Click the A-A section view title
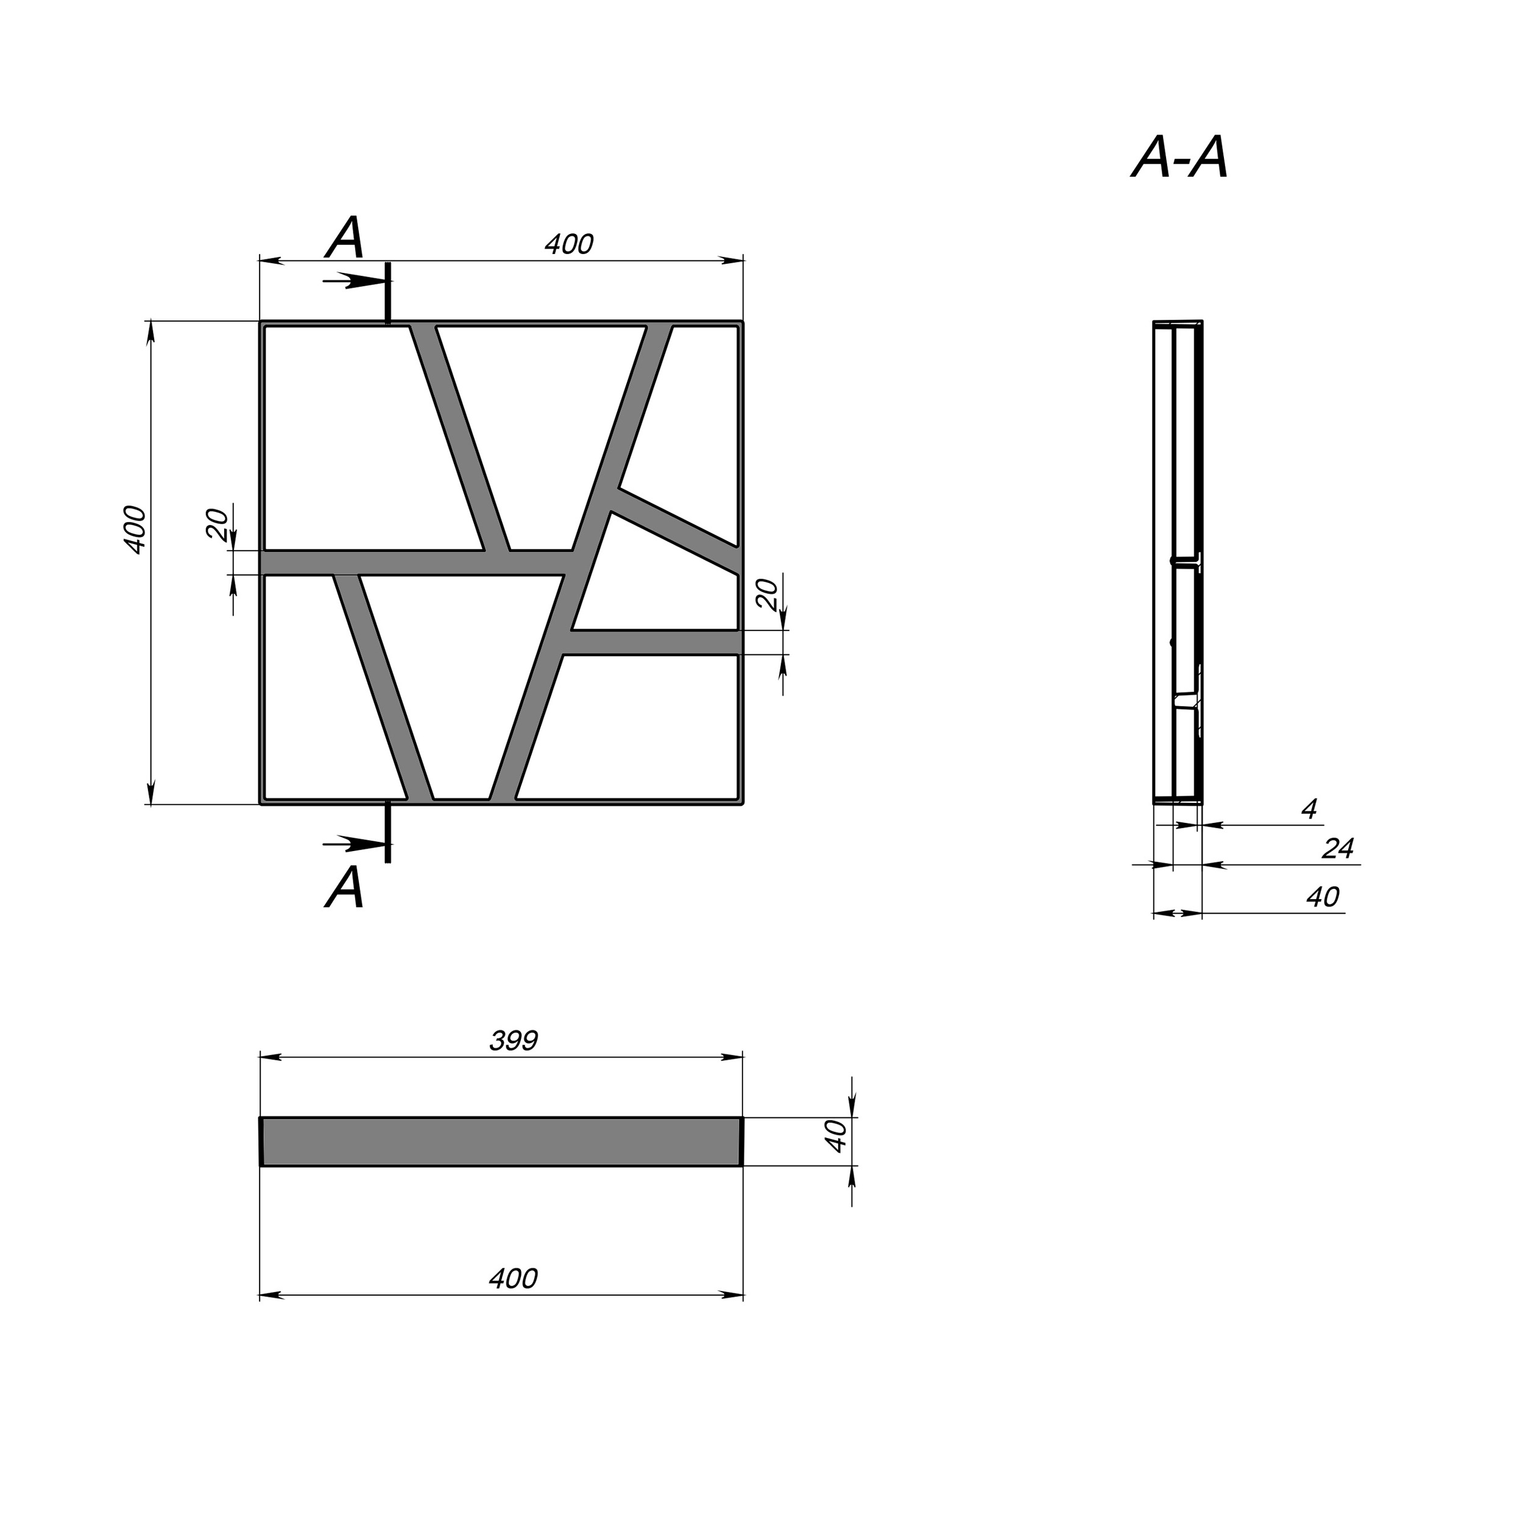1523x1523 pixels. click(x=1180, y=158)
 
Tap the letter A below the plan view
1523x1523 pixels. click(x=345, y=888)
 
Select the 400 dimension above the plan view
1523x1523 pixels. click(x=569, y=244)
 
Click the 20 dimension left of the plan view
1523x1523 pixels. click(x=217, y=525)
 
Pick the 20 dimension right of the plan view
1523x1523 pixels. click(x=767, y=593)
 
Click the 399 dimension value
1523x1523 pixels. click(x=514, y=1041)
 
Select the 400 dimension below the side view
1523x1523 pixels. click(x=513, y=1279)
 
